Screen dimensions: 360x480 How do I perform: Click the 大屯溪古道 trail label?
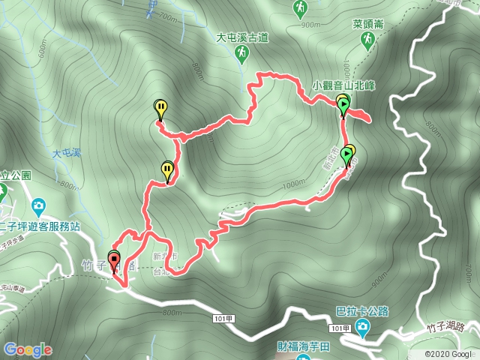point(242,37)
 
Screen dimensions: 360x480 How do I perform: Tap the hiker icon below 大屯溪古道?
point(242,53)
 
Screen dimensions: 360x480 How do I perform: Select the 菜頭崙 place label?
point(368,24)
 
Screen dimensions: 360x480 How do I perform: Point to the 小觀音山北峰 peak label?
point(343,85)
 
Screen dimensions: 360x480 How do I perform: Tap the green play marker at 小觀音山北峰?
point(343,106)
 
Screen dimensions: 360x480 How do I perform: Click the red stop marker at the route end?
point(114,262)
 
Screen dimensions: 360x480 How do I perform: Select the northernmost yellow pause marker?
point(160,109)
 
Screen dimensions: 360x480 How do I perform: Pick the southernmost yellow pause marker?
point(167,170)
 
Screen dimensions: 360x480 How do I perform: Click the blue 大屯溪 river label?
point(66,153)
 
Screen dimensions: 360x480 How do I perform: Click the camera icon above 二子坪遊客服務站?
point(38,205)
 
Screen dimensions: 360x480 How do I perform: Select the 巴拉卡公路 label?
point(362,310)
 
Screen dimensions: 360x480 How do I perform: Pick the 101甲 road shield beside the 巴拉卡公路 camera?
point(340,328)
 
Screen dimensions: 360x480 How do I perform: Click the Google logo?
point(28,349)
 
